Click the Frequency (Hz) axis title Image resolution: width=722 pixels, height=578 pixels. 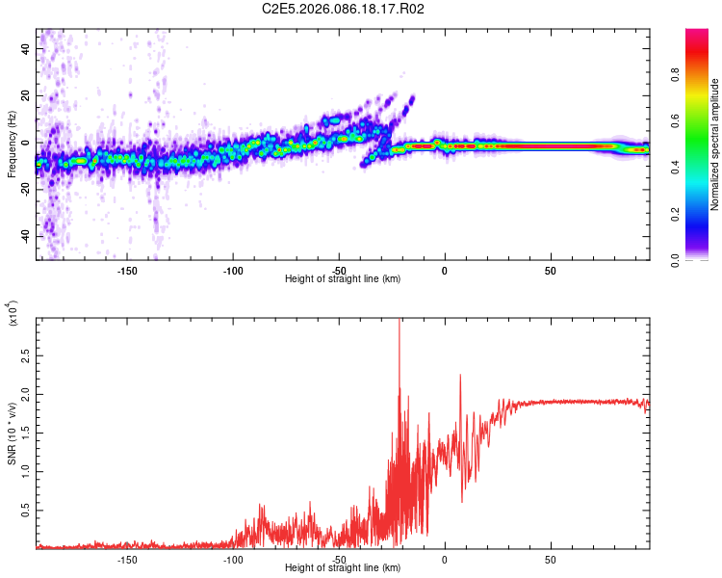point(12,144)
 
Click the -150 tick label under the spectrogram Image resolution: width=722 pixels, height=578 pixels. point(126,270)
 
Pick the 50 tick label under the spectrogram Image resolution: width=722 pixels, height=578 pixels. point(550,270)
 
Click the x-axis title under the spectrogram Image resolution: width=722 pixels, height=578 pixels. point(343,279)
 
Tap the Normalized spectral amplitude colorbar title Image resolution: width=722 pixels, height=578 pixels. point(715,144)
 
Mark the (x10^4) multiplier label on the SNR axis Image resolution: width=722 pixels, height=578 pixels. point(13,313)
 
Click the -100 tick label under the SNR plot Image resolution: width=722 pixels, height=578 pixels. point(232,559)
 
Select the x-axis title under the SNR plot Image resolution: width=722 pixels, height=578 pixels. point(343,568)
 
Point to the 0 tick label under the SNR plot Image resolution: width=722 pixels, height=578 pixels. point(444,559)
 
